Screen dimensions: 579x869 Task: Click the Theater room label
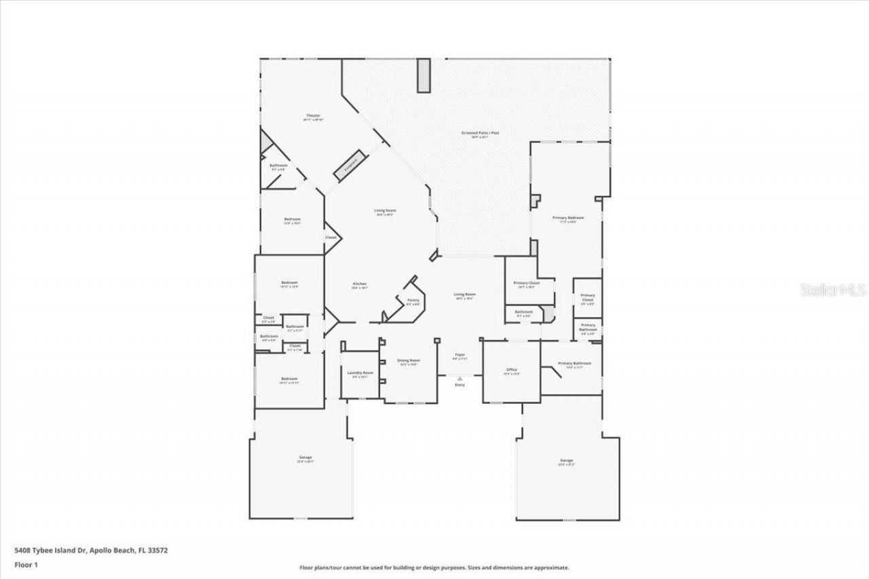(312, 116)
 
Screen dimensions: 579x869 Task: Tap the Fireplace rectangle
(350, 164)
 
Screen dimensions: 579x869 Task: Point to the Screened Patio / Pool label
(480, 133)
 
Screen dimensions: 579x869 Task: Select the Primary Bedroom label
(568, 218)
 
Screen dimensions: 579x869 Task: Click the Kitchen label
(359, 284)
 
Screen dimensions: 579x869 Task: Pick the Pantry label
(413, 300)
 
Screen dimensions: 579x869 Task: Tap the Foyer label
(460, 354)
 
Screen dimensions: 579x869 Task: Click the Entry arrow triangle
(460, 378)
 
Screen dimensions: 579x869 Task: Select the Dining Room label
(408, 360)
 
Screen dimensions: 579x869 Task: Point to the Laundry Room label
(360, 373)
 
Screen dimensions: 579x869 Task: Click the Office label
(511, 370)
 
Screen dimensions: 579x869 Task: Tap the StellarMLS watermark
(833, 290)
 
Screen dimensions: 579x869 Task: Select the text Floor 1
(26, 564)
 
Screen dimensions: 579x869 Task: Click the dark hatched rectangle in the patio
(424, 75)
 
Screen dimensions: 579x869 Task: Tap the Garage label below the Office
(566, 461)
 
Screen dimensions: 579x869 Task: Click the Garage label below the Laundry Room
(306, 457)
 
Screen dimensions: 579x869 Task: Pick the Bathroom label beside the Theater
(278, 166)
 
